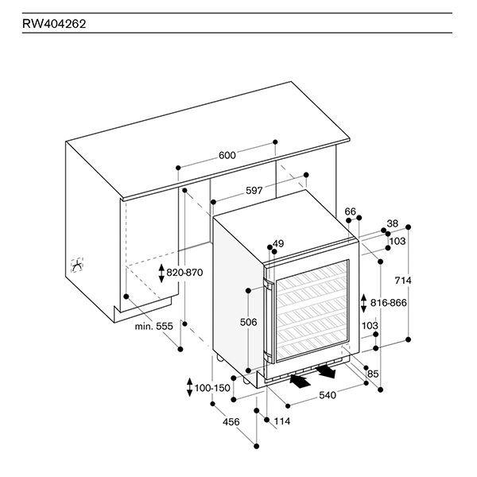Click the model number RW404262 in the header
[x=55, y=24]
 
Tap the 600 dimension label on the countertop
[x=227, y=156]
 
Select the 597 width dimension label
[x=231, y=191]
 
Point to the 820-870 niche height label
[x=184, y=273]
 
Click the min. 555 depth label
[x=153, y=326]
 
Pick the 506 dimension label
[x=248, y=322]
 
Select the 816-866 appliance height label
[x=389, y=303]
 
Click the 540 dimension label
[x=328, y=395]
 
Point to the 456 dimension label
[x=231, y=421]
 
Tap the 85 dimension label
[x=373, y=374]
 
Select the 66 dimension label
[x=351, y=211]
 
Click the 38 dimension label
[x=392, y=223]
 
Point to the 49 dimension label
[x=277, y=243]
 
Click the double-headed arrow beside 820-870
[x=161, y=273]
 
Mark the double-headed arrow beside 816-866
[x=364, y=303]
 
